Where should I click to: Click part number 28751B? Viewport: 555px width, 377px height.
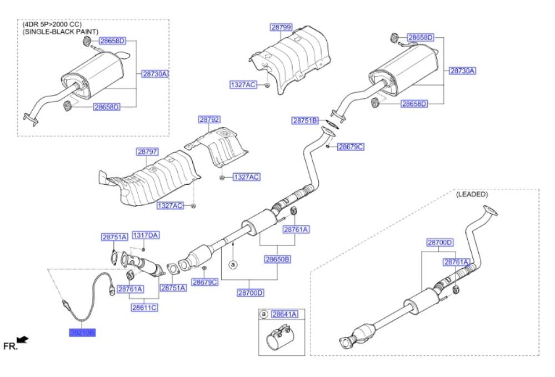(x=305, y=120)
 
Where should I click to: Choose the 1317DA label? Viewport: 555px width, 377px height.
(x=145, y=235)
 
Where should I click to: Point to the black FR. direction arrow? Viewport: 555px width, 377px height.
(x=23, y=339)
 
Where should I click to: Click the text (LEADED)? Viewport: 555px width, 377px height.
(x=472, y=195)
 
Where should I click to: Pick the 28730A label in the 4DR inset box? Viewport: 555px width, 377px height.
(x=155, y=73)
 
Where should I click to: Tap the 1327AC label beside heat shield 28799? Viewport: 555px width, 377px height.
(x=243, y=84)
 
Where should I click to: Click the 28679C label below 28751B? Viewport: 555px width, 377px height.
(x=350, y=147)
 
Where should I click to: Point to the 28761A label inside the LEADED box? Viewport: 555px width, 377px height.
(x=456, y=262)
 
